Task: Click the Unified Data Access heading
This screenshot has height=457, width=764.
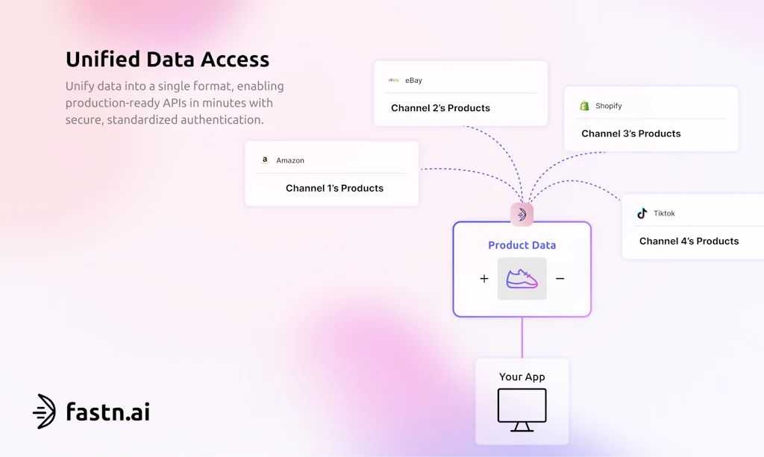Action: click(167, 60)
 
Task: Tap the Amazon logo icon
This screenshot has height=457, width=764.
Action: click(265, 160)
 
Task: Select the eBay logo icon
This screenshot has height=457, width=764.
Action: click(393, 80)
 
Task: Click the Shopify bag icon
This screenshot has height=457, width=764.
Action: click(584, 106)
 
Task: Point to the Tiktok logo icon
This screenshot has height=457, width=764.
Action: click(642, 213)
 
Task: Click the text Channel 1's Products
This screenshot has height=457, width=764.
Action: click(334, 189)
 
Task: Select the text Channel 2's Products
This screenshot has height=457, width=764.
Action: click(440, 108)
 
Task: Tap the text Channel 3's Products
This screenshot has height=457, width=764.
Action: click(630, 134)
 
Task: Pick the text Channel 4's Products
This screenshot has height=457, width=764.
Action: click(689, 242)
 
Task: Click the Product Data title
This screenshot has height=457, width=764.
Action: click(522, 245)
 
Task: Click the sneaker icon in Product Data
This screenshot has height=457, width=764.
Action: click(522, 279)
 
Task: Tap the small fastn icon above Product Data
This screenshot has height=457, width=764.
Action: click(522, 215)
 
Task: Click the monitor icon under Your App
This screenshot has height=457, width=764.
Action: click(522, 409)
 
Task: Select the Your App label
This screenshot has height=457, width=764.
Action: click(522, 377)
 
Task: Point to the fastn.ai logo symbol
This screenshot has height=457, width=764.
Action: click(44, 412)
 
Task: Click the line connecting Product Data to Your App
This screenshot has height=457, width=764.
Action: click(522, 337)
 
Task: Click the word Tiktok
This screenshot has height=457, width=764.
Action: click(664, 214)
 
